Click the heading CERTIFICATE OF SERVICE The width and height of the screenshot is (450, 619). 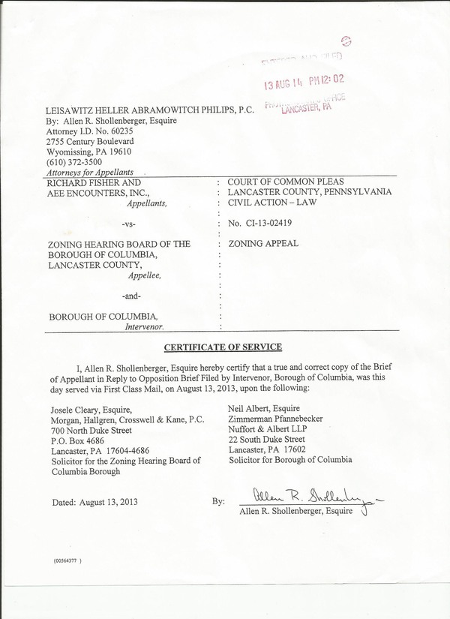223,347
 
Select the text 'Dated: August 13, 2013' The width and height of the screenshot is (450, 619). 95,501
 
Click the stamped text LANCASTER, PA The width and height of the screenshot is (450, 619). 307,107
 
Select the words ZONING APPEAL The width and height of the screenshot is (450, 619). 263,244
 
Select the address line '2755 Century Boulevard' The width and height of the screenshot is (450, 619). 90,141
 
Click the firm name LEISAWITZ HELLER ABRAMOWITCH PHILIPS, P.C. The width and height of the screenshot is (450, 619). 150,110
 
